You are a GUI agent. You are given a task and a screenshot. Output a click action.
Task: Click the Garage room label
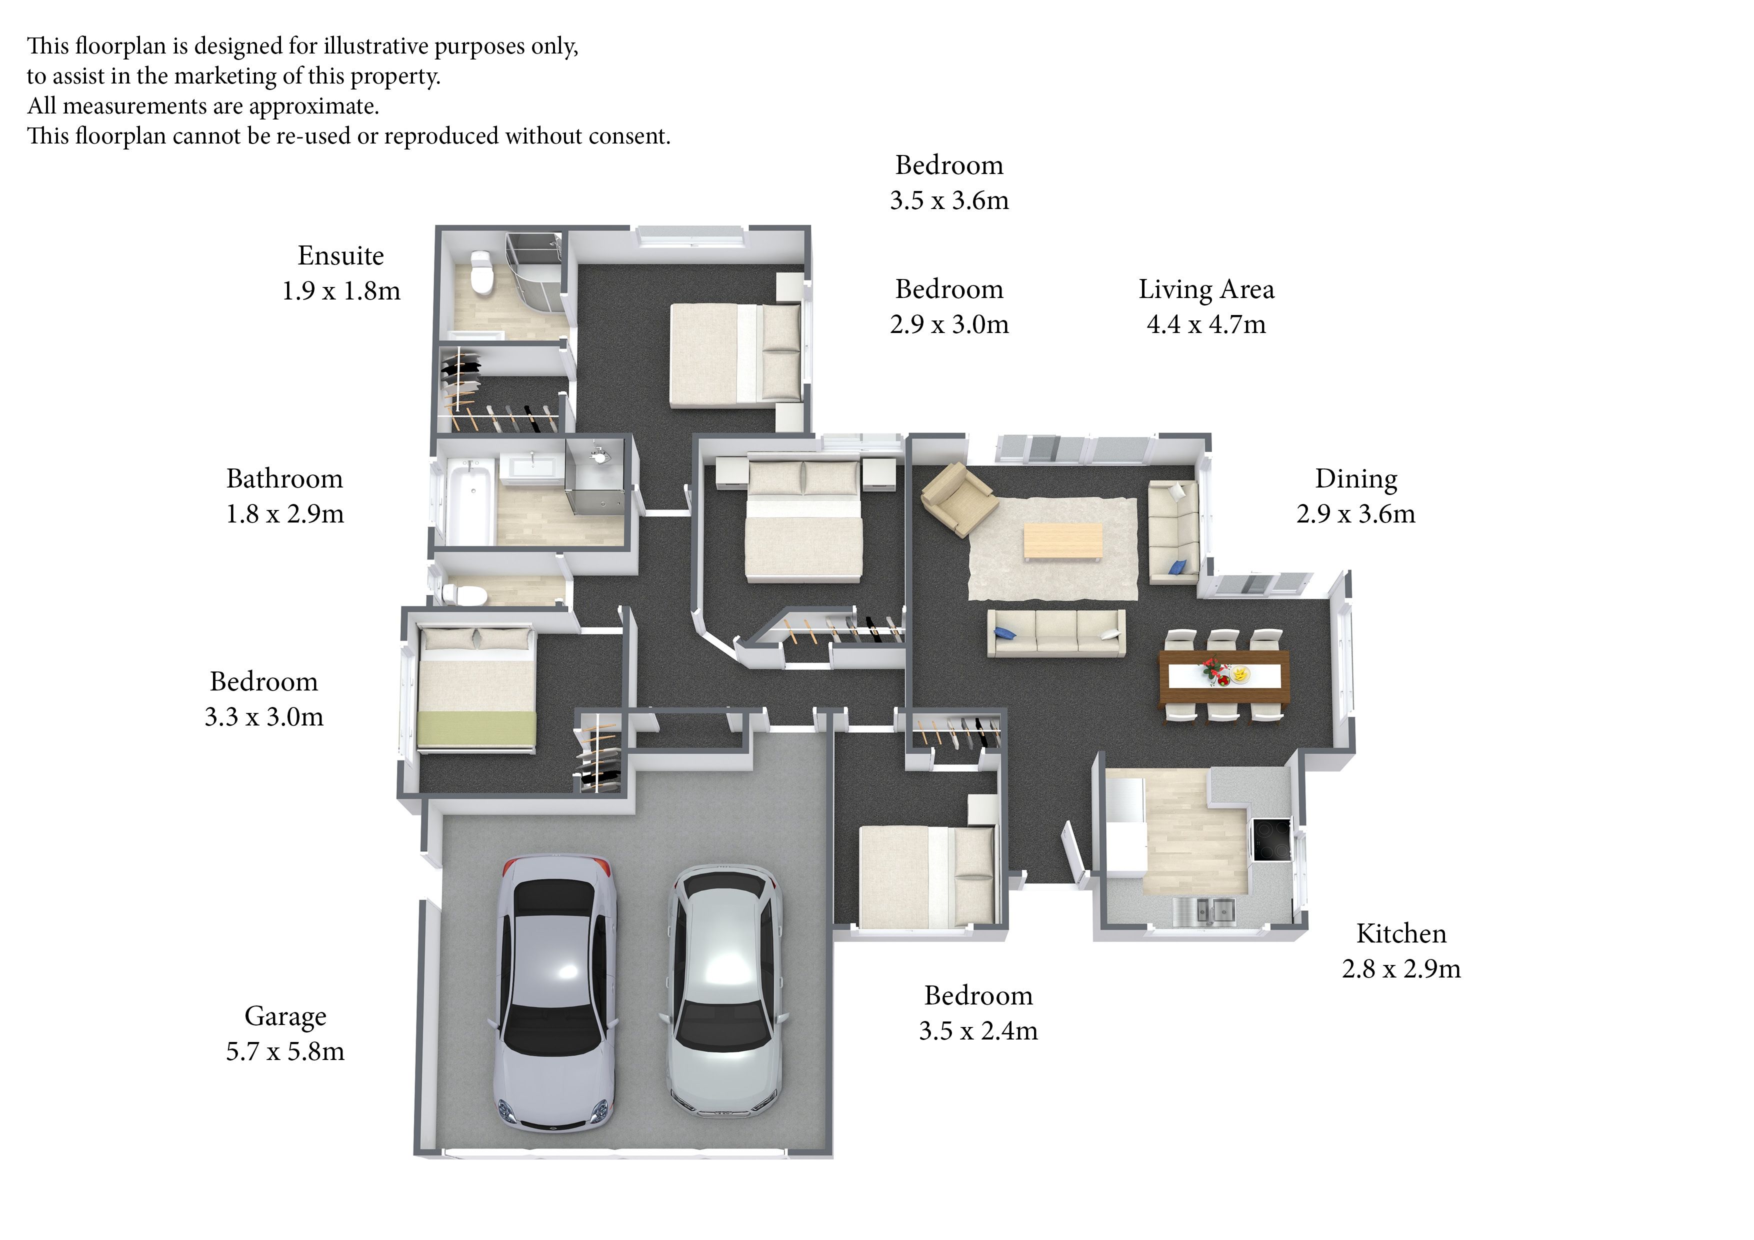pos(285,1016)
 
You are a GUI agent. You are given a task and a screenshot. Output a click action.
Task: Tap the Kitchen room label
pos(1401,933)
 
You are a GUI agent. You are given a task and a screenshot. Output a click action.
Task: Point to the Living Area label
pos(1206,289)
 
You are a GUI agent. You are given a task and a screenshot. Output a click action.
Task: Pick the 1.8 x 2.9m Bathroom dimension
pos(285,513)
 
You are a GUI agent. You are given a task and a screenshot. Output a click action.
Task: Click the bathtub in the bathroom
pos(469,500)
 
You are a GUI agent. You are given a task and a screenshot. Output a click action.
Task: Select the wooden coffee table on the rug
pos(1062,541)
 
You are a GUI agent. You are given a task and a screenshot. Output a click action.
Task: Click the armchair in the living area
pos(957,499)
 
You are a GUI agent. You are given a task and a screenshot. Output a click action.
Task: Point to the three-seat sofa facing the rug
pos(1056,632)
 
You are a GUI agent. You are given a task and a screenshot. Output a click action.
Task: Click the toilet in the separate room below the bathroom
pos(461,593)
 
